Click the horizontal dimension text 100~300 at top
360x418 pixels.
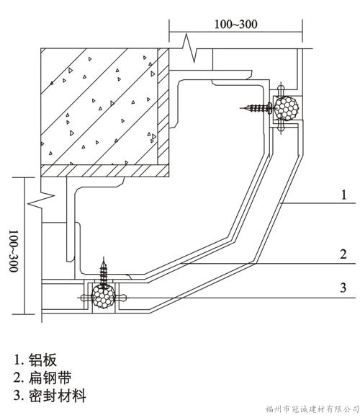[236, 25]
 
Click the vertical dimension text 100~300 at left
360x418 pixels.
[14, 251]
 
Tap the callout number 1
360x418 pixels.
[343, 195]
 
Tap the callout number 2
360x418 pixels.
[343, 254]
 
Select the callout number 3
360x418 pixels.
[343, 288]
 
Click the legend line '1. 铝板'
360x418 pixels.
[35, 360]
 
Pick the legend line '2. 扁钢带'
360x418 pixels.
[42, 378]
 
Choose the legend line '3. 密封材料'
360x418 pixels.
[50, 396]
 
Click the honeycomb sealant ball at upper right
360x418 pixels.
[287, 108]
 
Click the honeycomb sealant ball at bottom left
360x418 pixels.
[103, 296]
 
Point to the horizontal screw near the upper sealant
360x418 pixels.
[257, 107]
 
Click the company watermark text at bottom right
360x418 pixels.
[312, 409]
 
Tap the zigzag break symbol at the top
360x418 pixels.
[189, 48]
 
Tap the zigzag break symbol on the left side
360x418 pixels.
[42, 199]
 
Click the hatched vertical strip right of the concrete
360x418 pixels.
[163, 107]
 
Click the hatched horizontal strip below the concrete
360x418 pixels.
[105, 171]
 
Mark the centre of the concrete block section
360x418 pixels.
[99, 107]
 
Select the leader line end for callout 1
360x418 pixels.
[280, 203]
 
